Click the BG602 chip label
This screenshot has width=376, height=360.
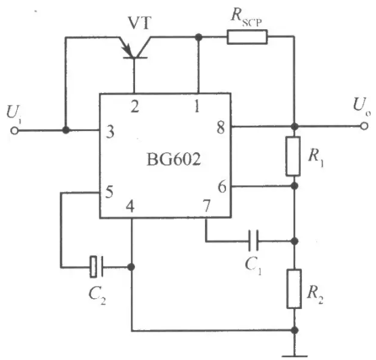click(173, 159)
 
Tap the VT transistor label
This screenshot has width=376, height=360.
click(140, 23)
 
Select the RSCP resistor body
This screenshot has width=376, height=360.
click(247, 37)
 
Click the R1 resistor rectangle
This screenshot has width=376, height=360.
click(293, 156)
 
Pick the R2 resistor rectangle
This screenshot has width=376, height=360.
click(295, 289)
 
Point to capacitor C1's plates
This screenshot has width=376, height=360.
click(253, 240)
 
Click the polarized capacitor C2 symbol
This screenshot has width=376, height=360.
click(96, 267)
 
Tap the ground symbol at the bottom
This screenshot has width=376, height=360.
click(295, 356)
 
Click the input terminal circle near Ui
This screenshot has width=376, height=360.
click(14, 131)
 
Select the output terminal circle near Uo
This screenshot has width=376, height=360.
click(364, 126)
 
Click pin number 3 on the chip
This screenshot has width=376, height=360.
click(110, 132)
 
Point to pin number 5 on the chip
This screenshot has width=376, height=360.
click(109, 192)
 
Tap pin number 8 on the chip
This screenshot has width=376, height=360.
click(221, 128)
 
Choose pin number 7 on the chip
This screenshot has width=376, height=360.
click(206, 205)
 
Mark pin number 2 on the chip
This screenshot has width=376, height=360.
click(135, 107)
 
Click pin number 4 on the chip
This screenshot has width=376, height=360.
click(130, 206)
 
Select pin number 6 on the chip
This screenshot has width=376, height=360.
click(222, 187)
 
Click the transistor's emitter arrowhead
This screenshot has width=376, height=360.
click(128, 50)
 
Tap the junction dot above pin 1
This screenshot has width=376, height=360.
click(198, 37)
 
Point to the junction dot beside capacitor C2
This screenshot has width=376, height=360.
click(131, 267)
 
